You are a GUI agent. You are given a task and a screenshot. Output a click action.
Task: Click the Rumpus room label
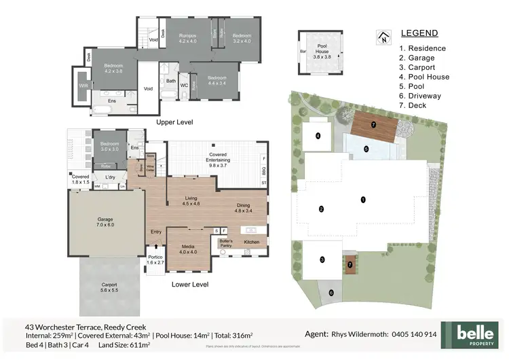187,38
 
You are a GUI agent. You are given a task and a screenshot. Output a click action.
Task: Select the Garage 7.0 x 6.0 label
105,221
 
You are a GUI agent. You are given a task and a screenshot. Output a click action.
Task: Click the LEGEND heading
419,33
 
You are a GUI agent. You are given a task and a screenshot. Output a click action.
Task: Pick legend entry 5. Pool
412,86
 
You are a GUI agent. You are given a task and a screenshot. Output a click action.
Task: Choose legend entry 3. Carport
417,67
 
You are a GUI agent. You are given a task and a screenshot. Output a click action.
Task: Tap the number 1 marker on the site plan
364,200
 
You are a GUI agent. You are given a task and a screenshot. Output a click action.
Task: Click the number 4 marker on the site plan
318,135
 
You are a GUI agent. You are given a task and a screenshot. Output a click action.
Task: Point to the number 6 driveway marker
331,293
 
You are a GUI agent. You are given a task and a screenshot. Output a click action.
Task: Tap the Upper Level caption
175,122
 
